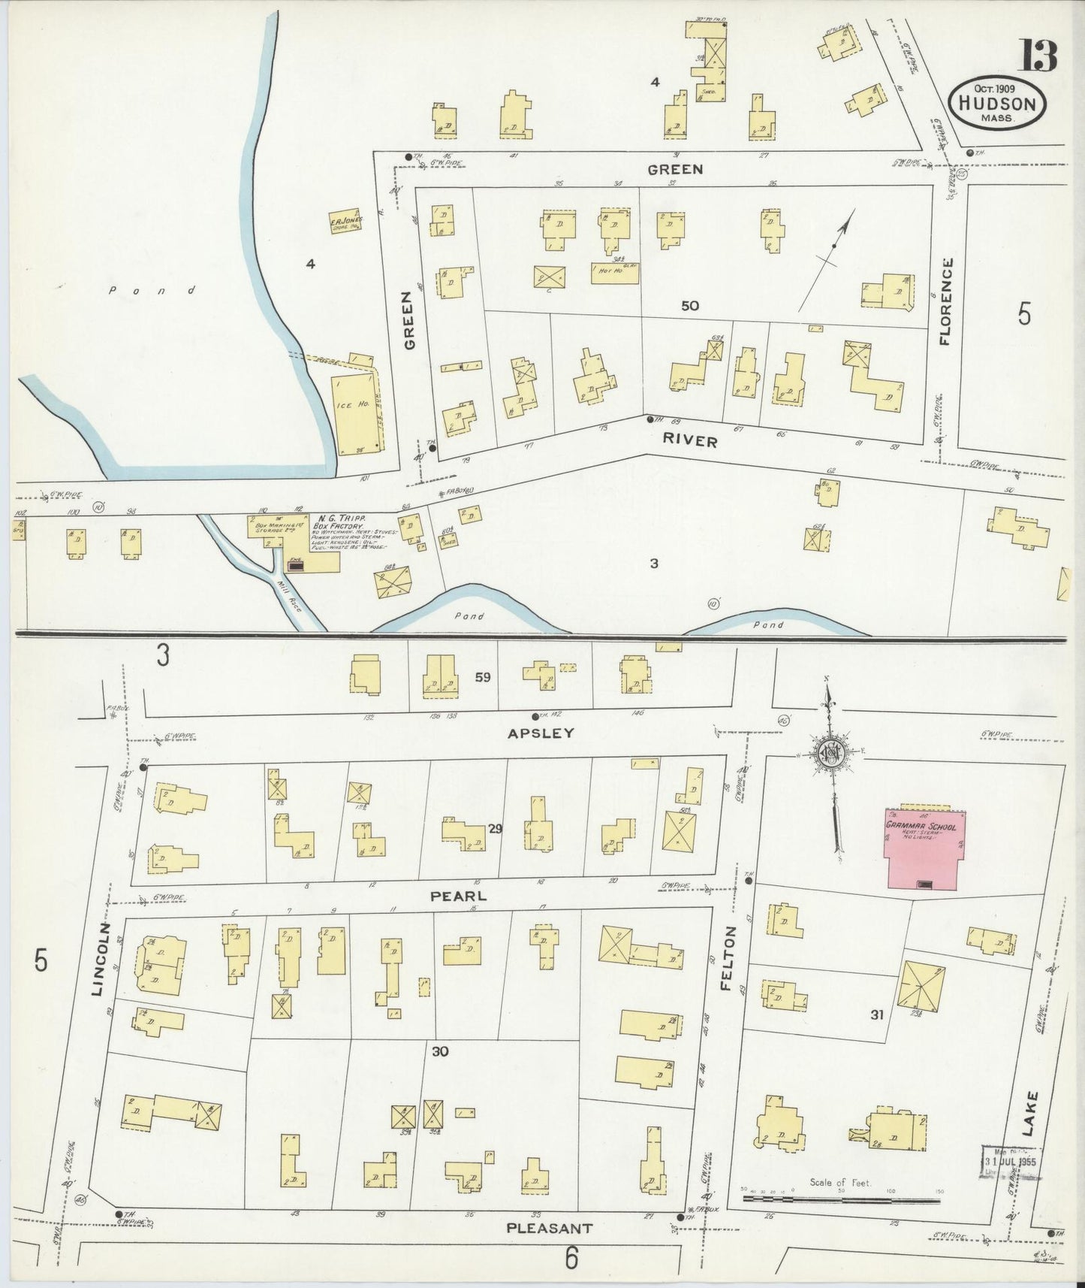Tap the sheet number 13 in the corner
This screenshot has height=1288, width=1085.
1038,55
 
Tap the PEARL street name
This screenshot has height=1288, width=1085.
458,896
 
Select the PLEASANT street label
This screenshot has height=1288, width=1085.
549,1228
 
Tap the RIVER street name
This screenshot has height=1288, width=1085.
690,442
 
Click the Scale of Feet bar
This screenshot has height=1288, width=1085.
841,1197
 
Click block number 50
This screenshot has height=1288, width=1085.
689,305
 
